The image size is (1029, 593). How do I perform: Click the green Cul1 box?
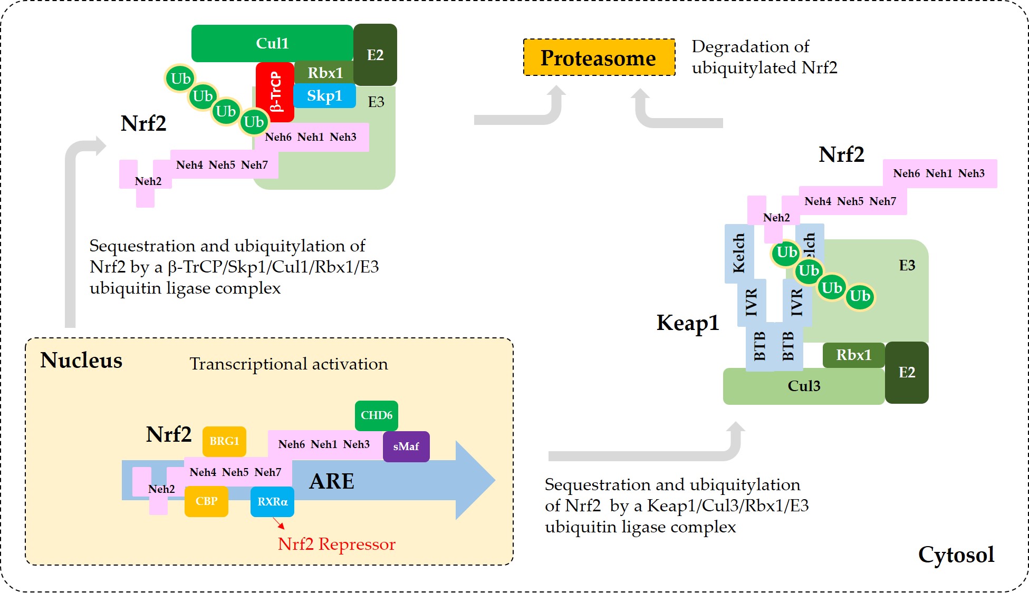click(x=272, y=43)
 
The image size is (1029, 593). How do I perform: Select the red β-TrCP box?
click(x=275, y=92)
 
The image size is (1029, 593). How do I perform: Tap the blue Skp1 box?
click(x=324, y=96)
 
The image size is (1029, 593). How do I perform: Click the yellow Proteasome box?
click(x=599, y=57)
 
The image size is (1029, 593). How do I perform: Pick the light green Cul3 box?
click(x=804, y=386)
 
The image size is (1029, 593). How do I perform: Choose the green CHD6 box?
click(x=377, y=415)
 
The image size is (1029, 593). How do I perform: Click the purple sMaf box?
click(x=406, y=446)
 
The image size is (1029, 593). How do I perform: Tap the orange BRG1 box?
click(x=224, y=441)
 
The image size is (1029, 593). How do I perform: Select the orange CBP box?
click(x=206, y=501)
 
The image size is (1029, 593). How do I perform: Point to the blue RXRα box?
click(x=272, y=501)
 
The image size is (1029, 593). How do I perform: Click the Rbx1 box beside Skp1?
click(x=324, y=73)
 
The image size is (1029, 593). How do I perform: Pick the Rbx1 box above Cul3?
click(x=854, y=355)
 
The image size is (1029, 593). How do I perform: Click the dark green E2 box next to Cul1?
click(x=375, y=55)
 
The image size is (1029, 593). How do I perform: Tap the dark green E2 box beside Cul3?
click(x=907, y=373)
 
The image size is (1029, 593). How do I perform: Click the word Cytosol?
click(x=956, y=555)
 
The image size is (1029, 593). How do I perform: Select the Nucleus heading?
click(x=81, y=361)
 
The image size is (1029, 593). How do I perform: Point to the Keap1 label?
click(x=688, y=323)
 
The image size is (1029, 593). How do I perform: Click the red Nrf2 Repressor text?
click(x=336, y=544)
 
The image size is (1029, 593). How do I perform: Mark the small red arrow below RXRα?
click(x=278, y=523)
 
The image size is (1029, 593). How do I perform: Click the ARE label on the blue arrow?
click(x=332, y=481)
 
